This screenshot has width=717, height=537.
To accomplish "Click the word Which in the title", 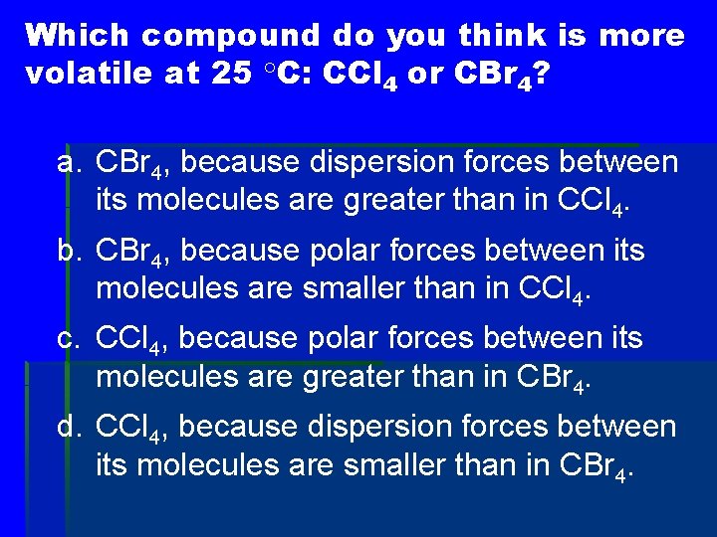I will [79, 36].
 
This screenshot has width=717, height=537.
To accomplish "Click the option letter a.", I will [70, 163].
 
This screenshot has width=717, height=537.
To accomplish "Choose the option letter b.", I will [70, 251].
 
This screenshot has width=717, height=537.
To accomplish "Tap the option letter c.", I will [70, 340].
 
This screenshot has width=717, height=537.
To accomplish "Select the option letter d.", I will [70, 429].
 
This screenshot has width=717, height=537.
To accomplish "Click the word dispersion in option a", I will [369, 162].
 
